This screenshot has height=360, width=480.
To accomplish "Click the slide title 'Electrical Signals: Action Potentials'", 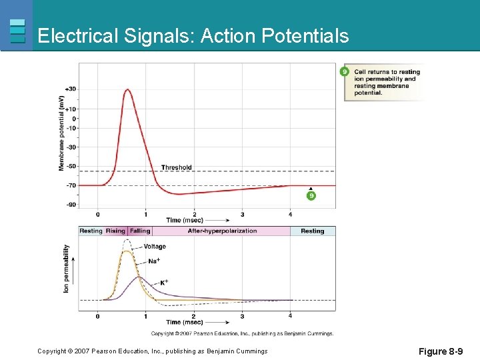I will click(193, 35).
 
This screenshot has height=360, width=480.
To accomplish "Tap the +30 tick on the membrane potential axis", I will click(71, 89).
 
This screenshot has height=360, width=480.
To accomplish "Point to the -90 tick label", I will click(71, 205).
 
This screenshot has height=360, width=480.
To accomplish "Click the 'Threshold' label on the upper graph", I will click(177, 167).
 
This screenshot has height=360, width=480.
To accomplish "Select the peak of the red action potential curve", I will click(127, 89).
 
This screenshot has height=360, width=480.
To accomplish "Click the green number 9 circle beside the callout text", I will click(345, 71).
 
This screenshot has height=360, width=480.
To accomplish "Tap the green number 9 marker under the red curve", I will click(311, 195).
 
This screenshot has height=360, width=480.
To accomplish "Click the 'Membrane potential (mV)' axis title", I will click(62, 132).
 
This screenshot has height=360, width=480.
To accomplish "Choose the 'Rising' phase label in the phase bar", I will click(115, 231).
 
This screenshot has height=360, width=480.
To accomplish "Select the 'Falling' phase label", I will click(140, 231).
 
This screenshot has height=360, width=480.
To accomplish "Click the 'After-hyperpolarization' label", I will click(222, 231).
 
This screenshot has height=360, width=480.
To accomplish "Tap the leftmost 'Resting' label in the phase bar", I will click(91, 231).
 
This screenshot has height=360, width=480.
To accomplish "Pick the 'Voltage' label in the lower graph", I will click(155, 247).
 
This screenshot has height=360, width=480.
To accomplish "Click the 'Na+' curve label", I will click(154, 261).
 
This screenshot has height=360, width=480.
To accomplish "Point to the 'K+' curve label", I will click(164, 283).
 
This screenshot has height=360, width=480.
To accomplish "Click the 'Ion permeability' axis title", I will click(66, 269).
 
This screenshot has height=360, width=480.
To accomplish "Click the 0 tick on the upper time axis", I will click(98, 215).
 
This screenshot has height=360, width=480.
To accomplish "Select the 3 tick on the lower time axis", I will click(242, 316).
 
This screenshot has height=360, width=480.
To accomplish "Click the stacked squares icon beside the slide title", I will click(18, 31).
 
